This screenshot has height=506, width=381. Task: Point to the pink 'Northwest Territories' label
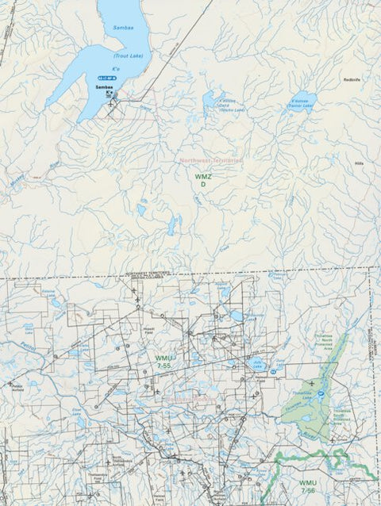210,160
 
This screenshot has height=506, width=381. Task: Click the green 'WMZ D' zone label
202,178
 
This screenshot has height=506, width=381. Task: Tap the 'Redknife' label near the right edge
352,80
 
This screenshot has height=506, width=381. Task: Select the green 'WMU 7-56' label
307,486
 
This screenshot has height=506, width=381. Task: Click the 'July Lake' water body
256,365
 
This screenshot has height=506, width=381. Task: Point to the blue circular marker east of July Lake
274,370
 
